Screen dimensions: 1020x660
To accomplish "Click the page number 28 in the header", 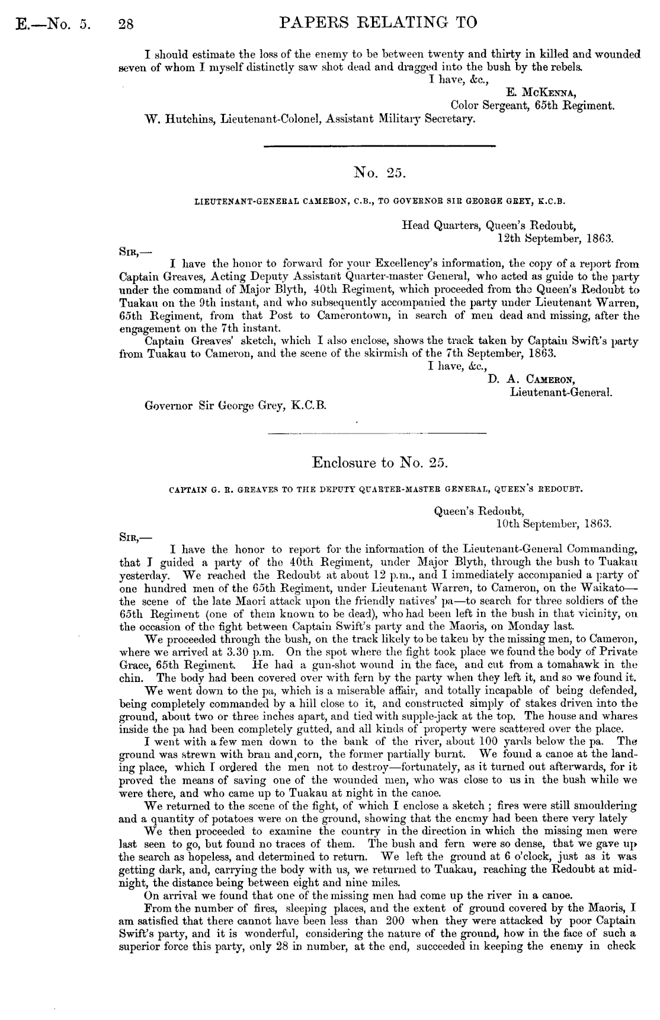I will tap(126, 24).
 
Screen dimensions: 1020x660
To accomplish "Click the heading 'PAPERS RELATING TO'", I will tap(377, 23).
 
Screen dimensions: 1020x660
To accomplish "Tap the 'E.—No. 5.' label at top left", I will tap(51, 24).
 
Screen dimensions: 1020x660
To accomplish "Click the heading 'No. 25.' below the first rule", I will tap(378, 173).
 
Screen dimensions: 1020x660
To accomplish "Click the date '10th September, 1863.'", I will tap(553, 524).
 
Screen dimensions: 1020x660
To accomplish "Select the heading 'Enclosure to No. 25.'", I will tap(378, 461).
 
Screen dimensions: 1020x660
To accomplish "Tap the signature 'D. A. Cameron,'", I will tap(533, 380).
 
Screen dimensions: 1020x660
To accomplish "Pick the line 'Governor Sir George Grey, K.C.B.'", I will tap(235, 406).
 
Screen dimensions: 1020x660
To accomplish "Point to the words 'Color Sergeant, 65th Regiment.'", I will tap(531, 106).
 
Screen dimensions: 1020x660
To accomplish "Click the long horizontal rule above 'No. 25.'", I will tap(378, 146).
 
